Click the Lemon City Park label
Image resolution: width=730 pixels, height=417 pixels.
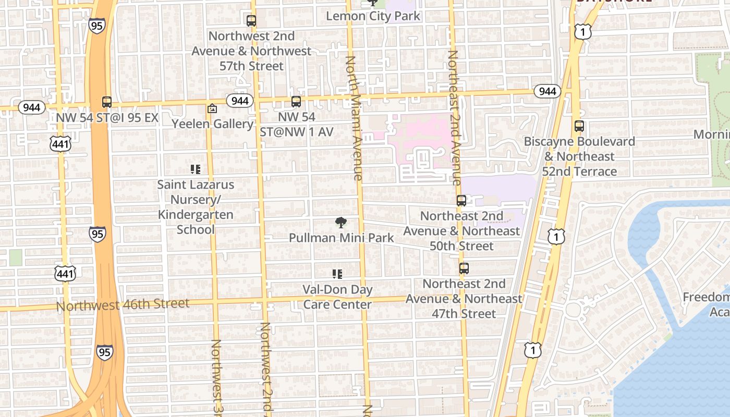coord(373,16)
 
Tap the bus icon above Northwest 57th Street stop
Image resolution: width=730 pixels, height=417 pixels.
coord(251,21)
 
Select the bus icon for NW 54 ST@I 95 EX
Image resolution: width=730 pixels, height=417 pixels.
coord(107,102)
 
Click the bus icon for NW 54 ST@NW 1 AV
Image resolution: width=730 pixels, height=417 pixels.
coord(296,102)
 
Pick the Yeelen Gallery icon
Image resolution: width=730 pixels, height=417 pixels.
coord(212,108)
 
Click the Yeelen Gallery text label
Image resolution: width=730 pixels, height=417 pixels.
coord(213,124)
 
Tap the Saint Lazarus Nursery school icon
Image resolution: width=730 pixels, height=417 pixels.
coord(196,169)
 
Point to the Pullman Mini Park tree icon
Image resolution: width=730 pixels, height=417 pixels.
coord(341,223)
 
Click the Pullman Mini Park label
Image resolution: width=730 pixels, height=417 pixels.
coord(342,238)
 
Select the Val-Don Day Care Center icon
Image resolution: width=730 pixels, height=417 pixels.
coord(337,274)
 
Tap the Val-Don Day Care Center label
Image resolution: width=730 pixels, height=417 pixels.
coord(337,297)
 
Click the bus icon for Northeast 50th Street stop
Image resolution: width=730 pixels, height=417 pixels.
coord(461,201)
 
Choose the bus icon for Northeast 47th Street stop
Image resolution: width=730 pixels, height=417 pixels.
coord(464,268)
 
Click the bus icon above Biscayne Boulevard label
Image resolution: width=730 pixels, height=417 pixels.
coord(579,126)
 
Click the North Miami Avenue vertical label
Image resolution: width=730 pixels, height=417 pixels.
coord(353,118)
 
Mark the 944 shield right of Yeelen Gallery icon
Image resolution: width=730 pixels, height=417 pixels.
coord(240,100)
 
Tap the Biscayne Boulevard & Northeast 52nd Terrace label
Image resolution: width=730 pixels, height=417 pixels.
coord(579,156)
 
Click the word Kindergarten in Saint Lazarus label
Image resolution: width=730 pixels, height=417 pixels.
coord(196,215)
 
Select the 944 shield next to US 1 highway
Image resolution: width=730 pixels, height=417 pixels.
coord(547,92)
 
